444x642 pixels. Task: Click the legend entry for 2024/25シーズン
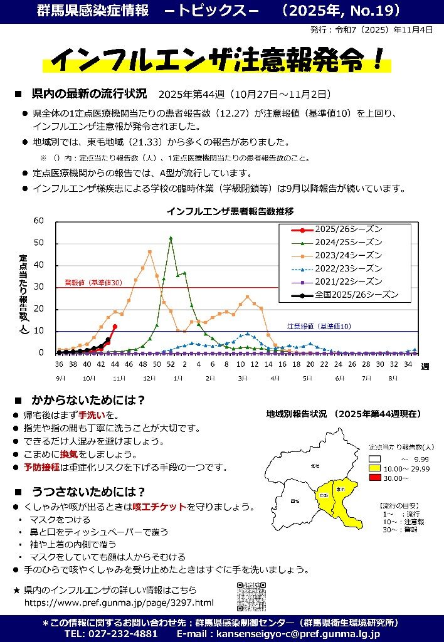pyautogui.click(x=348, y=242)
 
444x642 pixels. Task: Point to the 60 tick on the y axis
pyautogui.click(x=39, y=221)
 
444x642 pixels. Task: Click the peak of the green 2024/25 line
pyautogui.click(x=171, y=238)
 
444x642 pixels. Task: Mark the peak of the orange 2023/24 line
pyautogui.click(x=150, y=252)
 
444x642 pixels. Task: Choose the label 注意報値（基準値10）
pyautogui.click(x=319, y=327)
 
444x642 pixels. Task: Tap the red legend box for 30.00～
pyautogui.click(x=374, y=478)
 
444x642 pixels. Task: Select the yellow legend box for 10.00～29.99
pyautogui.click(x=374, y=468)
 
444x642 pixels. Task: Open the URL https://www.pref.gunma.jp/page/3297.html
pyautogui.click(x=119, y=603)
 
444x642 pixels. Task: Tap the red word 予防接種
pyautogui.click(x=43, y=468)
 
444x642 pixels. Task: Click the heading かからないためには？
pyautogui.click(x=88, y=399)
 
